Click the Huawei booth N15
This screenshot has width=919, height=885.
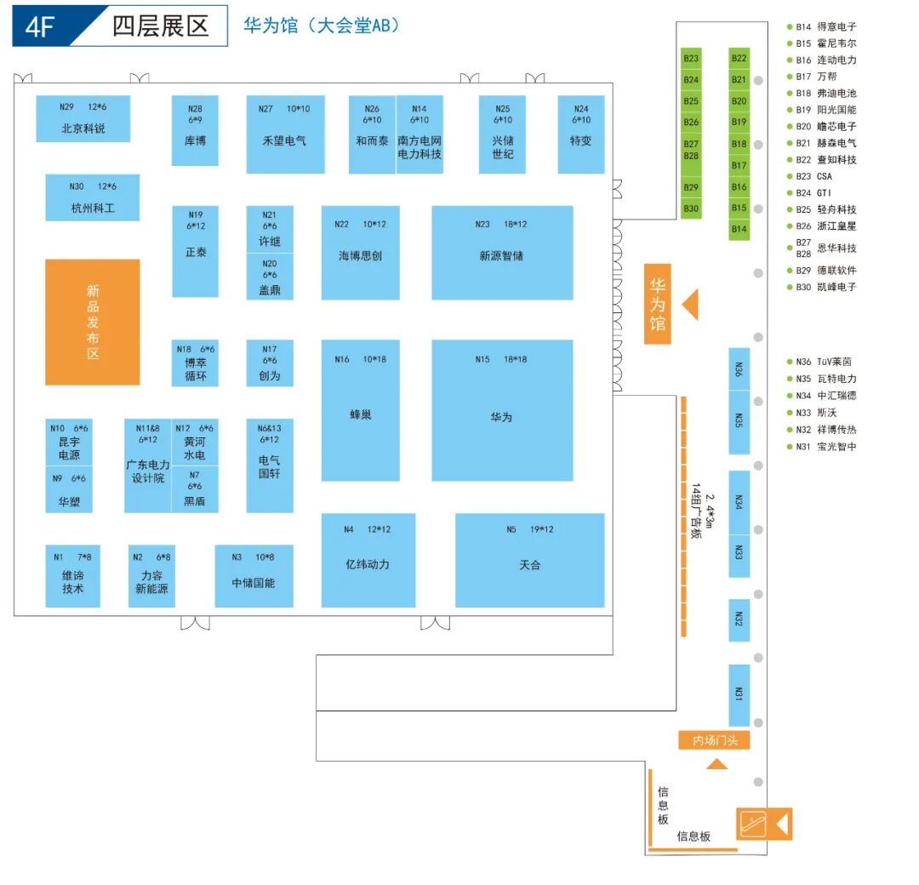coord(502,410)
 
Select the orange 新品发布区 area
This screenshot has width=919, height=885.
coord(92,322)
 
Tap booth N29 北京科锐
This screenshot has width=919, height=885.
coord(83,118)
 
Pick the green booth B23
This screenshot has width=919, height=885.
coord(691,59)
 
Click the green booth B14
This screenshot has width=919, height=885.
coord(739,229)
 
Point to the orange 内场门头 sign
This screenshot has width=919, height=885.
coord(714,740)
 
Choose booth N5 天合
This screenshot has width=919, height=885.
coord(529,559)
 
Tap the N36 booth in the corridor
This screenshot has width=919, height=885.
coord(739,368)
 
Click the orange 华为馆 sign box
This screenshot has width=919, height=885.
coord(657,304)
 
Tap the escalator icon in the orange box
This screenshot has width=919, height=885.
coord(753,824)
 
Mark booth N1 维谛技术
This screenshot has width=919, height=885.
coord(72,576)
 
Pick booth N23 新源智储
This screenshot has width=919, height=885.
coord(502,252)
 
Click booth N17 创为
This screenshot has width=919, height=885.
coord(270,363)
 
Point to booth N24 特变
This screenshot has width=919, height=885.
coord(580,134)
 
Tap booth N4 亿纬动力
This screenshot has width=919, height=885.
coord(368,559)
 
